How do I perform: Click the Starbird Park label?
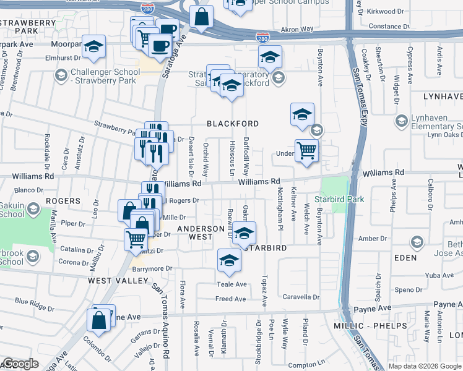(x=339, y=199)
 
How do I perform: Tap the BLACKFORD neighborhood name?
(x=232, y=124)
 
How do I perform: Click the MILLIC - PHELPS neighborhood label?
(x=379, y=325)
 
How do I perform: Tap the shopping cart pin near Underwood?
(x=306, y=150)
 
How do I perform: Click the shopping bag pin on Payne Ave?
(x=99, y=320)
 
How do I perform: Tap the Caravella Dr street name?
(x=300, y=297)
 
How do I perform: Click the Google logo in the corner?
(x=20, y=364)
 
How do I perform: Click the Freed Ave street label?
(x=231, y=299)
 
